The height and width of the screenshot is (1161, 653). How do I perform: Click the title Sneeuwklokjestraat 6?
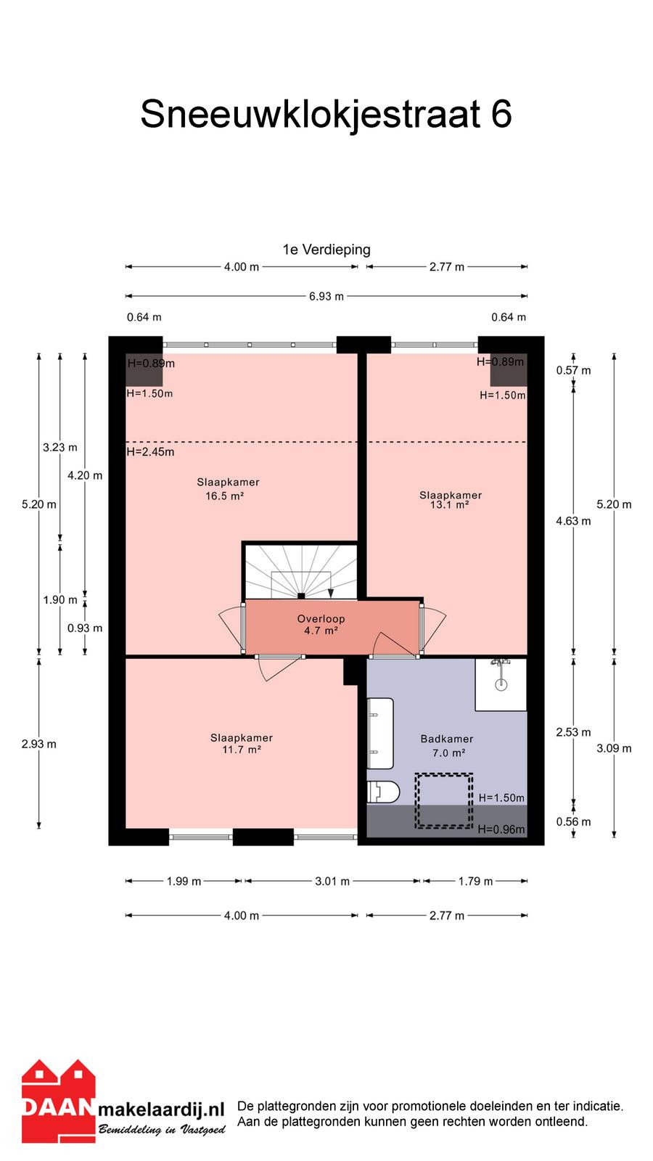326,115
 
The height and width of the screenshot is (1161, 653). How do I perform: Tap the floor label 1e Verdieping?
326,250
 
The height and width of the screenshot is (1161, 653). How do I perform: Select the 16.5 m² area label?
224,496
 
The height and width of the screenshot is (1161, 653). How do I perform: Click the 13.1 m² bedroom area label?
449,505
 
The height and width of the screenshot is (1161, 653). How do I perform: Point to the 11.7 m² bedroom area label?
242,750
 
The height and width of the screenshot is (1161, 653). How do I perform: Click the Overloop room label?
321,619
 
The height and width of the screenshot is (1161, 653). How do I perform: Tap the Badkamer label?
447,739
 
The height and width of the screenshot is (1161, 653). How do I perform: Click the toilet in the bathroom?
383,792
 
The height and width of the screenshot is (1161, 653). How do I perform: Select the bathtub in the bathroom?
380,734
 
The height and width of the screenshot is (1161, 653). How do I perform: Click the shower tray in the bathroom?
501,684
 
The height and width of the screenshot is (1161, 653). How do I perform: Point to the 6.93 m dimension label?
326,297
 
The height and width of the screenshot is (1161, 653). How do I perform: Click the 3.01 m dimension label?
332,881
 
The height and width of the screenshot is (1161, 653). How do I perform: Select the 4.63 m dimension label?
573,521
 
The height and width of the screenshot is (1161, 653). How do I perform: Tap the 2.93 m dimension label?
39,744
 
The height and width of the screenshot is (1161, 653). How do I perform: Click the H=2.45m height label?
150,452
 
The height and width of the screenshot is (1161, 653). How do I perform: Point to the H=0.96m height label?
501,829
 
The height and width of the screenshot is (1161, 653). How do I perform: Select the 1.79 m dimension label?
475,881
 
